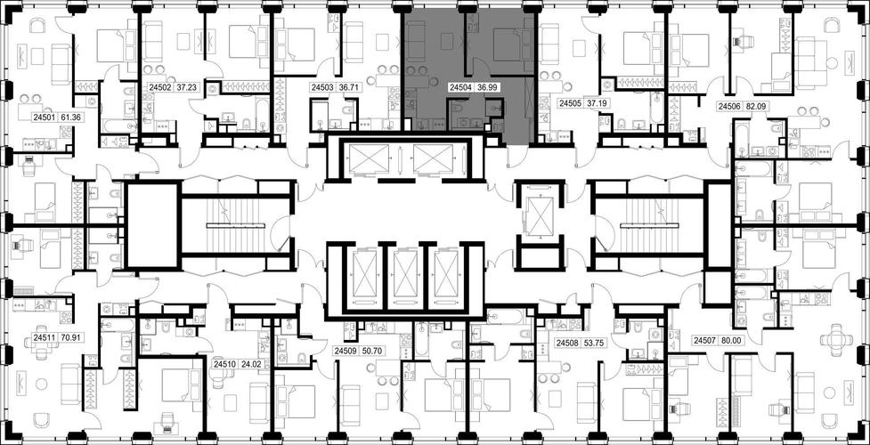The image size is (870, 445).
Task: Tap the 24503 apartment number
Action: pyautogui.click(x=321, y=87)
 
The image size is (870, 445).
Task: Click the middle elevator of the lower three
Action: pyautogui.click(x=403, y=273)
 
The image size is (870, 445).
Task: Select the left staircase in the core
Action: pyautogui.click(x=237, y=225)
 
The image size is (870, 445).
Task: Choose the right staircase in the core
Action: pyautogui.click(x=648, y=225)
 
